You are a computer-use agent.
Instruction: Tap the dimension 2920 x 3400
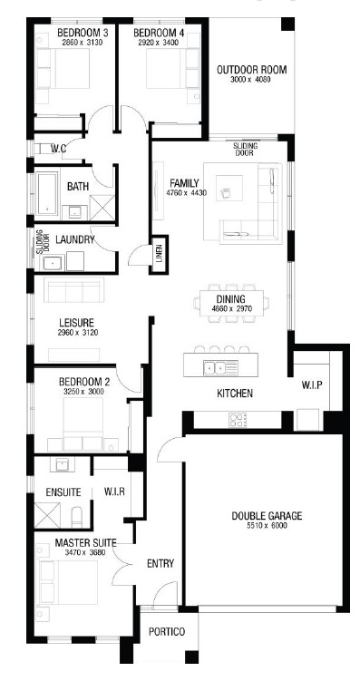pyautogui.click(x=159, y=43)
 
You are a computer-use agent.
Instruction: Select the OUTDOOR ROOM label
pyautogui.click(x=252, y=70)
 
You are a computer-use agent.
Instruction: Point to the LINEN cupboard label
pyautogui.click(x=159, y=255)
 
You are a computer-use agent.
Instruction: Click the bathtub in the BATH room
pyautogui.click(x=47, y=193)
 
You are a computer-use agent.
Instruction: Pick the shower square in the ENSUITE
pyautogui.click(x=47, y=516)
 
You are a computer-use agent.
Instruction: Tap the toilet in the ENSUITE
pyautogui.click(x=77, y=517)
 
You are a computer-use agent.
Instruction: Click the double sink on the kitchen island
pyautogui.click(x=215, y=368)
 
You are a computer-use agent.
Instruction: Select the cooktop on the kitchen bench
pyautogui.click(x=238, y=420)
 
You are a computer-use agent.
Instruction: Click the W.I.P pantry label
pyautogui.click(x=312, y=385)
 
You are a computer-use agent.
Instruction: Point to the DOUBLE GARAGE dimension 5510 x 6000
pyautogui.click(x=267, y=526)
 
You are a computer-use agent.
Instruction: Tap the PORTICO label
pyautogui.click(x=167, y=631)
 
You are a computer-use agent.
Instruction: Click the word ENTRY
pyautogui.click(x=161, y=564)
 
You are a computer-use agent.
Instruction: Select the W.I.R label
pyautogui.click(x=114, y=492)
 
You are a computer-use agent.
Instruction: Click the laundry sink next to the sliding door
pyautogui.click(x=52, y=263)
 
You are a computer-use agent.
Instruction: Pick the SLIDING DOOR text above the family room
pyautogui.click(x=246, y=150)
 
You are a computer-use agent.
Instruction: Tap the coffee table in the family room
pyautogui.click(x=229, y=188)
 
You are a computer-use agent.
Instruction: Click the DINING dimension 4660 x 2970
pyautogui.click(x=231, y=309)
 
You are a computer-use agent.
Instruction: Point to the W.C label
pyautogui.click(x=58, y=149)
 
